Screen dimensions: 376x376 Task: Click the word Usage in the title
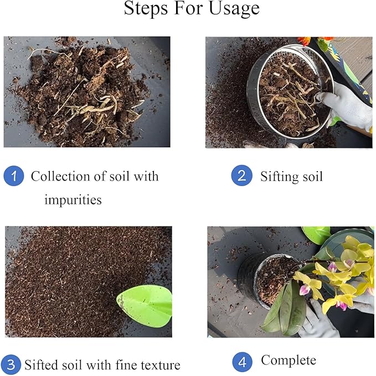[231, 9]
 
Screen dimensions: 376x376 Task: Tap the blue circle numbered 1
[14, 177]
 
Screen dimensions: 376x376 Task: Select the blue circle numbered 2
[241, 176]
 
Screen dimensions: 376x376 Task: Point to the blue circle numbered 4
[241, 363]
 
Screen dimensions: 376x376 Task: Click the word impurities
[73, 200]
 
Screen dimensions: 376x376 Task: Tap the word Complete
[289, 360]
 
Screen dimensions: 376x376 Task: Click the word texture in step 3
[157, 365]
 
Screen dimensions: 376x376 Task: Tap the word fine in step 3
[121, 365]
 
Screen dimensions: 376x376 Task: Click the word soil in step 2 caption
[312, 177]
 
